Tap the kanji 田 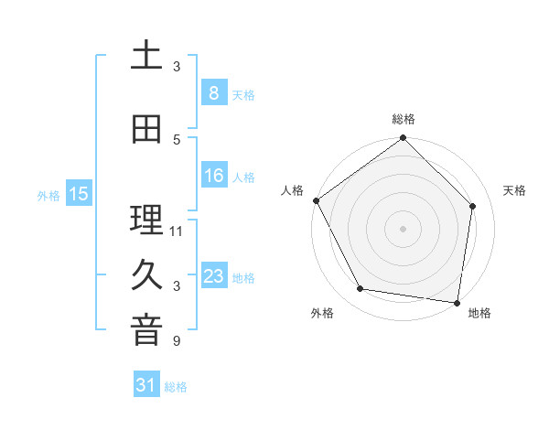click(146, 130)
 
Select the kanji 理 click(146, 220)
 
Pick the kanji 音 click(146, 331)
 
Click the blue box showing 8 click(213, 93)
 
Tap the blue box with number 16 click(213, 177)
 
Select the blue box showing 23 click(213, 277)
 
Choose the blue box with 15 click(79, 194)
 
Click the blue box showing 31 click(146, 386)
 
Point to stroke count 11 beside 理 click(177, 231)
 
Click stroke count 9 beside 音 click(176, 341)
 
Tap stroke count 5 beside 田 click(176, 139)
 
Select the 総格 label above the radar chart click(403, 119)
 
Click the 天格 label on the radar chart click(514, 190)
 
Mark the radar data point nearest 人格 click(316, 200)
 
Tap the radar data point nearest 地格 click(457, 302)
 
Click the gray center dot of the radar click(403, 229)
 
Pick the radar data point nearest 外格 click(361, 289)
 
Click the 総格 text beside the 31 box click(176, 387)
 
